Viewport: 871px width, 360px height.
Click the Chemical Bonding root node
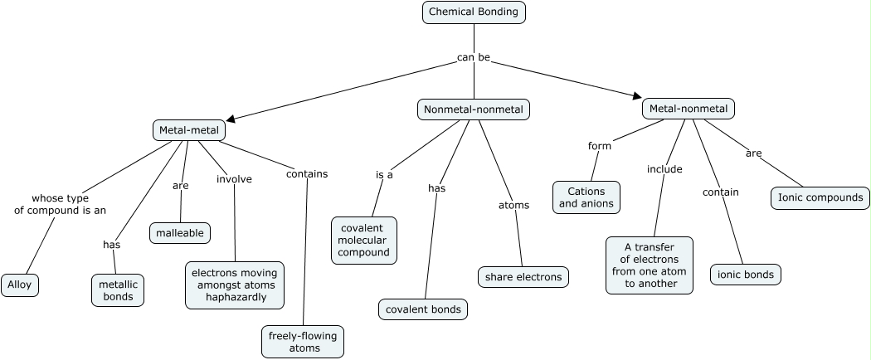point(474,12)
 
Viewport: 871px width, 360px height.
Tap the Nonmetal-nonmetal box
point(473,109)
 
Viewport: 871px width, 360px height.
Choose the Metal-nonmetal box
point(688,109)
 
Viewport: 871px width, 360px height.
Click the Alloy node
point(20,285)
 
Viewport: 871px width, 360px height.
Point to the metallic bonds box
point(118,290)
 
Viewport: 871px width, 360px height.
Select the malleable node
point(180,233)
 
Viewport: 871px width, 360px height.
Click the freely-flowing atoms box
point(303,342)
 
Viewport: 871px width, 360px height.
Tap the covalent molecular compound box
point(363,241)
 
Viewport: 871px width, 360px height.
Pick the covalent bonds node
point(423,309)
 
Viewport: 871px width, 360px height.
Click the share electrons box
point(523,277)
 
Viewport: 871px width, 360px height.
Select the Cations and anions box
point(586,197)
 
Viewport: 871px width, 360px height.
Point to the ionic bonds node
point(745,275)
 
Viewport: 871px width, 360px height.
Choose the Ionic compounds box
point(820,197)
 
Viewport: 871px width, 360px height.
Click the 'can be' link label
point(473,57)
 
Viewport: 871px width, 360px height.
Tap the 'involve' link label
point(234,178)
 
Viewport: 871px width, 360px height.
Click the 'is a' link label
point(384,175)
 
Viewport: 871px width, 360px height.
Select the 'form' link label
point(599,146)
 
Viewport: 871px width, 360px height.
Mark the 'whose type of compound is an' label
point(60,204)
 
